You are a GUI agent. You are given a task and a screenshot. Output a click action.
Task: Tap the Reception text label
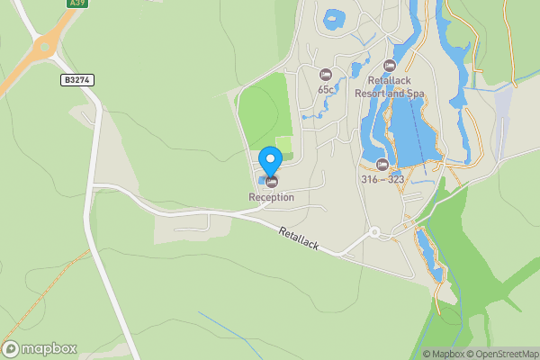(x=272, y=197)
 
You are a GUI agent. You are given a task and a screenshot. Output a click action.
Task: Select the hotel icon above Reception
(x=271, y=183)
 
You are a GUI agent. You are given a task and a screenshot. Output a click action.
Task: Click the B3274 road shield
(x=78, y=80)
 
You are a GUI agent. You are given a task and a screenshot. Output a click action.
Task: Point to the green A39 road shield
(x=77, y=4)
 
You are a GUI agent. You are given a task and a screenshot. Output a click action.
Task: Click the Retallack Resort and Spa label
(x=390, y=86)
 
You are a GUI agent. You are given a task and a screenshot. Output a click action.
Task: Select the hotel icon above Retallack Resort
(x=390, y=66)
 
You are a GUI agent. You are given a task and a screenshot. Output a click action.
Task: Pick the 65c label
(x=326, y=89)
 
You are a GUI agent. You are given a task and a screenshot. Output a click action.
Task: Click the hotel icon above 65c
(x=326, y=74)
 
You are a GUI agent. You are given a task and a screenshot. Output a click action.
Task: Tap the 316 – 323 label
(x=382, y=179)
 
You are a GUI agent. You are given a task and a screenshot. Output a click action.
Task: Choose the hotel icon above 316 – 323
(x=382, y=164)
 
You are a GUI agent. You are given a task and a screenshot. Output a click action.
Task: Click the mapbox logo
(x=40, y=349)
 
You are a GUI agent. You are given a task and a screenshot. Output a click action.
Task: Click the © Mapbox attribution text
(x=445, y=354)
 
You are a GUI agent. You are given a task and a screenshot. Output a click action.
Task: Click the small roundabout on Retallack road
(x=374, y=232)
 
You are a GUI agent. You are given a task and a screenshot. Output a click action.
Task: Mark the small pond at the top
(x=335, y=18)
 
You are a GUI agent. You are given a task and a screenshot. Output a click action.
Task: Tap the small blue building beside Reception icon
(x=260, y=183)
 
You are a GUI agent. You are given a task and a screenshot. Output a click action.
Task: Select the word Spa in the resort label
(x=415, y=93)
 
